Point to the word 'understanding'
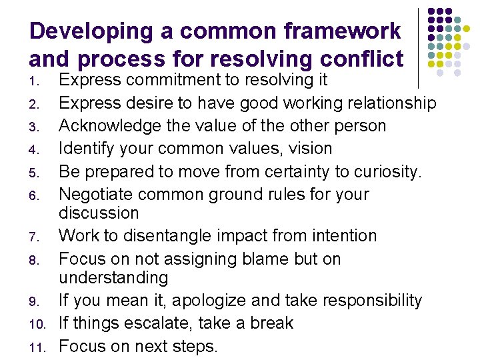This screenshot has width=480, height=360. (113, 277)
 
